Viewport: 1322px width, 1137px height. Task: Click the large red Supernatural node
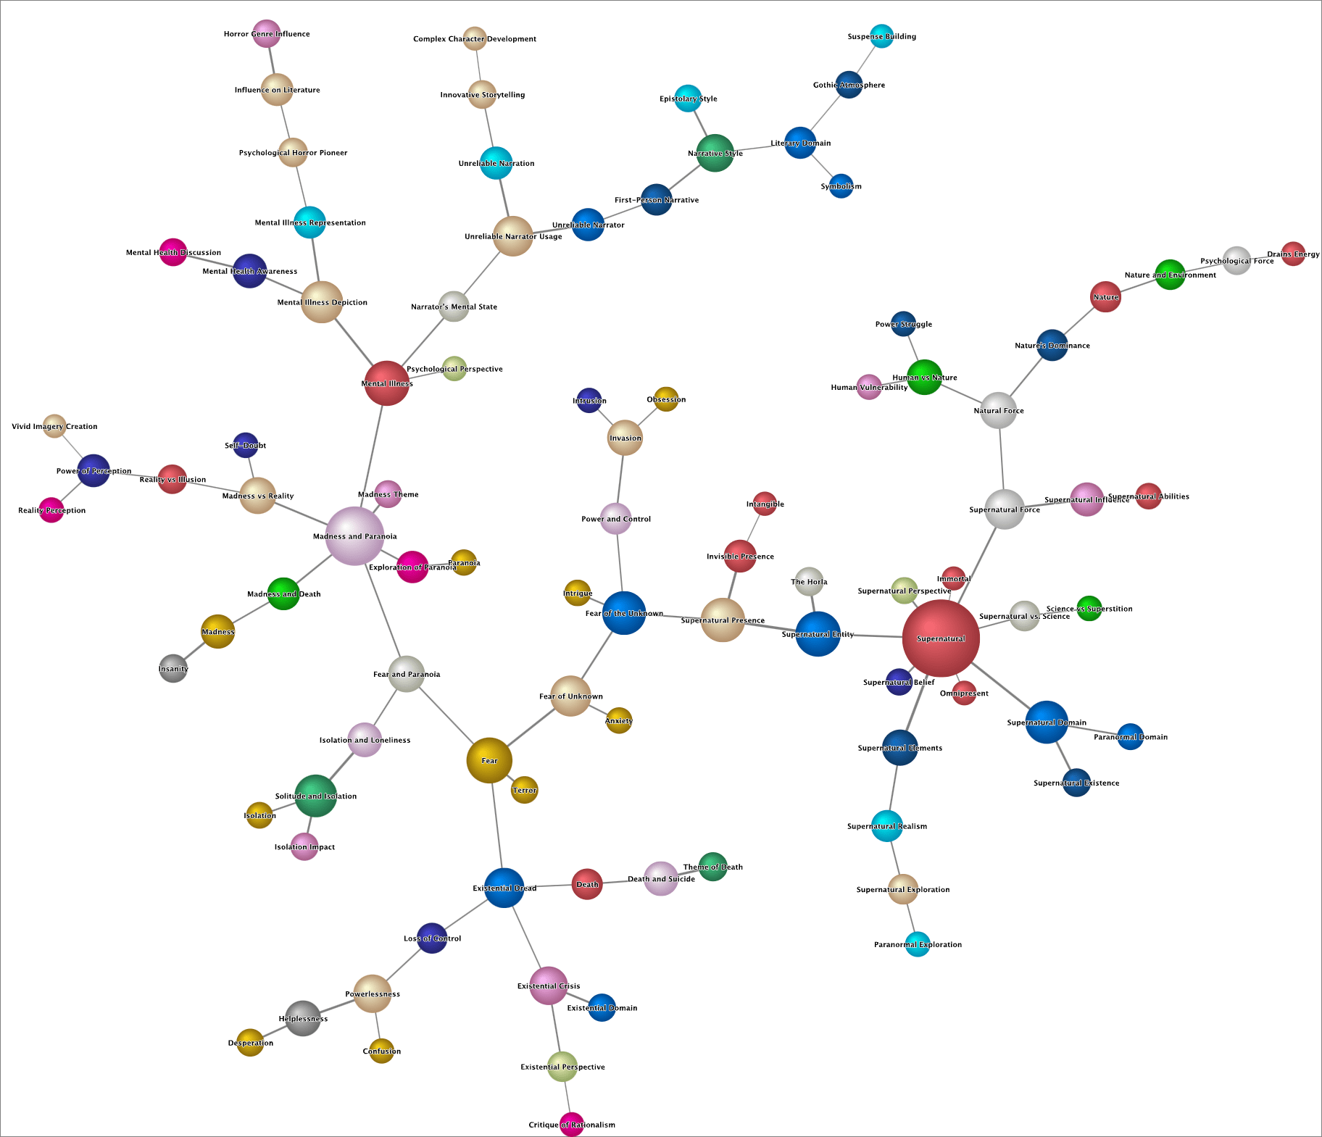point(940,638)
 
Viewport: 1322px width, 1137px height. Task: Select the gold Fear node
point(489,760)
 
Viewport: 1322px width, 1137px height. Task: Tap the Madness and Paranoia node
point(354,536)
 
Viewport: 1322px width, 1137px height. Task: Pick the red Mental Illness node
point(386,383)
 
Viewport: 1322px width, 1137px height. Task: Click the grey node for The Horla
point(809,581)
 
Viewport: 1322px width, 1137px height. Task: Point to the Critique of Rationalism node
point(572,1124)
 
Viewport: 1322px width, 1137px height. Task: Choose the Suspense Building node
point(881,36)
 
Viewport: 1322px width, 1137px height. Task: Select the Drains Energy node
point(1293,254)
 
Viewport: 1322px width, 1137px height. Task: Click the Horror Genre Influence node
point(266,33)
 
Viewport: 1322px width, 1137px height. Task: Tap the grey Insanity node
point(173,668)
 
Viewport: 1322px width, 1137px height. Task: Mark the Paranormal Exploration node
point(918,944)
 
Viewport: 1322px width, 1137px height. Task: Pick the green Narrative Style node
point(715,153)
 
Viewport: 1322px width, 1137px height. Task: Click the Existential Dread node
point(504,888)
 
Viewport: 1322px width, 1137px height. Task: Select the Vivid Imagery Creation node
point(54,426)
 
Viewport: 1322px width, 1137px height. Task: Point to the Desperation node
point(250,1042)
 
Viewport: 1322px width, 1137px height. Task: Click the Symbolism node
point(841,186)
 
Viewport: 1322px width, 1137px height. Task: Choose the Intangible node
point(765,504)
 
